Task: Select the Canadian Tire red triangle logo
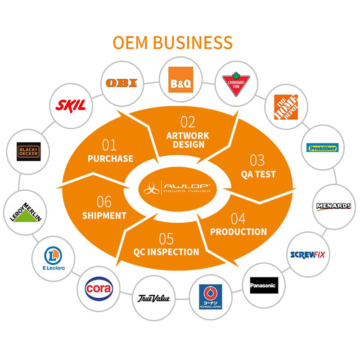[x=236, y=84]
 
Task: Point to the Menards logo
[x=333, y=206]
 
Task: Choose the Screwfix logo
[x=308, y=254]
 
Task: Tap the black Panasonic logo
[x=263, y=285]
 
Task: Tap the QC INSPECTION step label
[x=166, y=252]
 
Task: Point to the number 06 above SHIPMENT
[x=104, y=202]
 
